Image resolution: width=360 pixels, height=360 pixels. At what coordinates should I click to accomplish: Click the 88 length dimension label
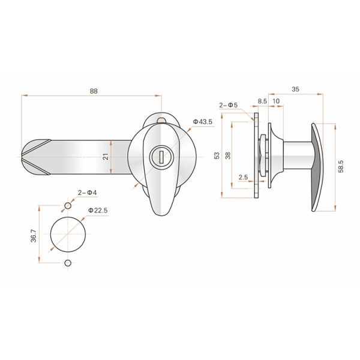point(94,91)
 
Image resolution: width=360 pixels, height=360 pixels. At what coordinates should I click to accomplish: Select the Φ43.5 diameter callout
point(203,122)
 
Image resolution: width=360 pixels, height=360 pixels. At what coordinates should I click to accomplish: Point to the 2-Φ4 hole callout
point(87,192)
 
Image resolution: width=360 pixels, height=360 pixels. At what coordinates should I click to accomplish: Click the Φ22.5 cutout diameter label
point(98,210)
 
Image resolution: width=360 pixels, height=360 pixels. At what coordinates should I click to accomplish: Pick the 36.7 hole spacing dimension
point(34,235)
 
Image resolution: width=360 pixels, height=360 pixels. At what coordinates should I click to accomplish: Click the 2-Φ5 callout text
point(228,105)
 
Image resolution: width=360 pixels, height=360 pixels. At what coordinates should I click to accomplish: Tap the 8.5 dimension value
point(262,101)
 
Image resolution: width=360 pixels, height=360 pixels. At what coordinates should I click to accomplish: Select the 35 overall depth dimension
point(295,89)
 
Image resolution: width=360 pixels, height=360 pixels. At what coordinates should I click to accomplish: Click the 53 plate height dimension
point(217,155)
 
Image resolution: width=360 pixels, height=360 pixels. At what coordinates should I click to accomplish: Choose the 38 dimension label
point(227,155)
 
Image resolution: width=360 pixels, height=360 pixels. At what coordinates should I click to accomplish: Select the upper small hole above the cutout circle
point(68,206)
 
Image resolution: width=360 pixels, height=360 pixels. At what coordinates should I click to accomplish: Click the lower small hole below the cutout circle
point(68,263)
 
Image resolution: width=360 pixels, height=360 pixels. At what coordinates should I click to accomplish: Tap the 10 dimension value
point(275,101)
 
